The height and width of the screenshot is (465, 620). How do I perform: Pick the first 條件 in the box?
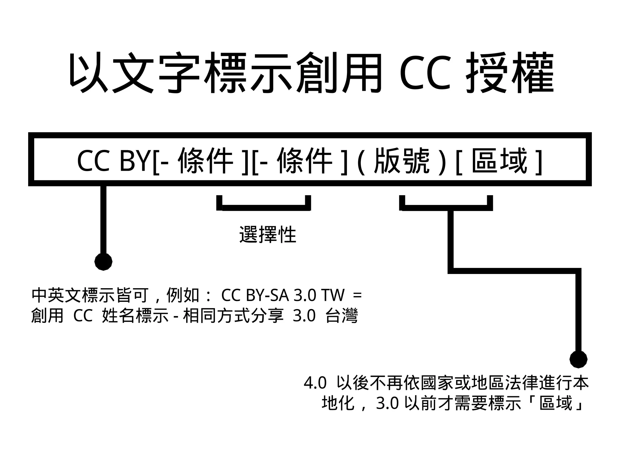coord(206,161)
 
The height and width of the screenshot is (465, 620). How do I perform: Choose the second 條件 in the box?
coord(305,161)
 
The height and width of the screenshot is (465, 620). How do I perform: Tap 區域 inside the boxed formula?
coord(499,161)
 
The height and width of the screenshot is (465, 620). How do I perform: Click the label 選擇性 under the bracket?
coord(268,235)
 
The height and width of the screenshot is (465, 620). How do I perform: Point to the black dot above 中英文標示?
coord(104,262)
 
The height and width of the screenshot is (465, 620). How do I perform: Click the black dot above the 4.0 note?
coord(578,359)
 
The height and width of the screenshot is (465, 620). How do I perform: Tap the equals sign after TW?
coord(357,295)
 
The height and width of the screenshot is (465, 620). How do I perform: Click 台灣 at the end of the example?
coord(341,316)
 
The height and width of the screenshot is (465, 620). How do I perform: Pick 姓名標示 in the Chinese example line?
coord(135,316)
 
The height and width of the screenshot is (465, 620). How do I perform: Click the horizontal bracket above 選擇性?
coord(264,208)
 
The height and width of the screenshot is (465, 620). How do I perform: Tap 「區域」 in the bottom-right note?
coord(556,403)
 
